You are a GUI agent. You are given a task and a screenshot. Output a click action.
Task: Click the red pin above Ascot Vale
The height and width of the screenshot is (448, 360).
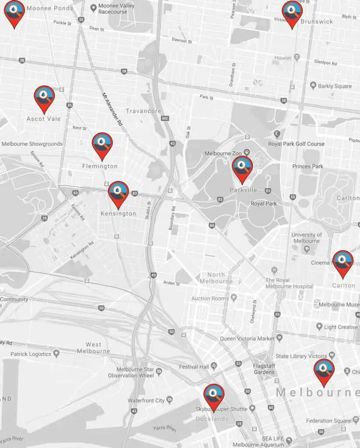pyautogui.click(x=44, y=97)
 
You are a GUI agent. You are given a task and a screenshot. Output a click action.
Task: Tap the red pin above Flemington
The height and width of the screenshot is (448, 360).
pyautogui.click(x=102, y=145)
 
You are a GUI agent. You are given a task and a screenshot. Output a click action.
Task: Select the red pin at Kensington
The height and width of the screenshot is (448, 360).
pyautogui.click(x=118, y=193)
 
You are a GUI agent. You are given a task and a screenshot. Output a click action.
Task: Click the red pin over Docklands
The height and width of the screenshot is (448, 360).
pyautogui.click(x=214, y=396)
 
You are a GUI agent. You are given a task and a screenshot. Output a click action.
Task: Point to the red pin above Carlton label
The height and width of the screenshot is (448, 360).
pyautogui.click(x=343, y=262)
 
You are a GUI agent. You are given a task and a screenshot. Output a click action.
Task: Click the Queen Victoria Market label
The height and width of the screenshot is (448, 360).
pyautogui.click(x=247, y=338)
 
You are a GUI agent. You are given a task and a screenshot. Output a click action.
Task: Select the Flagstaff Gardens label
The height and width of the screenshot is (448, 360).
pyautogui.click(x=264, y=369)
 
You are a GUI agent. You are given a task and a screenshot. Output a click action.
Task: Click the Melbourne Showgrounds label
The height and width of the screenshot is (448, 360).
pyautogui.click(x=32, y=144)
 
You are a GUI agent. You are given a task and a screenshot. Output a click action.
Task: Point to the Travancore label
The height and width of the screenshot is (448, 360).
pyautogui.click(x=143, y=111)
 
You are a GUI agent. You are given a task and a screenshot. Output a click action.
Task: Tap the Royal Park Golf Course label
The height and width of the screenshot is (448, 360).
pyautogui.click(x=296, y=143)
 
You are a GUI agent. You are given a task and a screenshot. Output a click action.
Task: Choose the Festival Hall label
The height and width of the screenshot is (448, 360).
pyautogui.click(x=194, y=367)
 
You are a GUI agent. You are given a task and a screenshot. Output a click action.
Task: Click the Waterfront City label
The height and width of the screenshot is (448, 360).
pyautogui.click(x=146, y=400)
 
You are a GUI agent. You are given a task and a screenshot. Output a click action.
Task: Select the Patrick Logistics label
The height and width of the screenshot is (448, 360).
pyautogui.click(x=31, y=354)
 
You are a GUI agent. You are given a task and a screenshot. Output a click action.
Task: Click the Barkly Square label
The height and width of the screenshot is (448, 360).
pyautogui.click(x=335, y=86)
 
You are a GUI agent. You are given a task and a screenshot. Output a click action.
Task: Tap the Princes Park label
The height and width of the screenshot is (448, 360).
pyautogui.click(x=308, y=166)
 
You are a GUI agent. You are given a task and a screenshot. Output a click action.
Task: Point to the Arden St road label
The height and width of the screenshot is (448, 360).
pyautogui.click(x=171, y=283)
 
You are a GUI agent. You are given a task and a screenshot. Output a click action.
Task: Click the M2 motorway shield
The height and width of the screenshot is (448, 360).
pyautogui.click(x=164, y=119)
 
